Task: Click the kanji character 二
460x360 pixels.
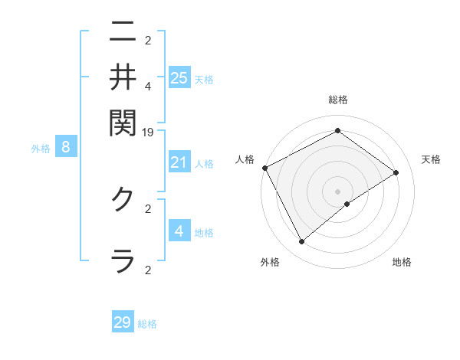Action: [x=123, y=32]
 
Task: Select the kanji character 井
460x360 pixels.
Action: [x=123, y=76]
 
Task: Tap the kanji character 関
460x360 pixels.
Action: [x=123, y=120]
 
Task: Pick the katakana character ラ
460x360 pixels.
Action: [x=123, y=260]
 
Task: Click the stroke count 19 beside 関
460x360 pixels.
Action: [x=148, y=133]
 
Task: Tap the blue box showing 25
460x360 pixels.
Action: [x=179, y=77]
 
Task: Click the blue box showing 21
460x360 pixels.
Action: [x=179, y=162]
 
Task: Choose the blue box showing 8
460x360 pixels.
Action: [x=66, y=148]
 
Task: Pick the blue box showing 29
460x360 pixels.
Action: [x=123, y=322]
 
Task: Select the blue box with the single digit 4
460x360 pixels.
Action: [x=179, y=231]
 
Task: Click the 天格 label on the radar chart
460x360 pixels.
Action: [x=431, y=159]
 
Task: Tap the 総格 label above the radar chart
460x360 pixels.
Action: [x=337, y=100]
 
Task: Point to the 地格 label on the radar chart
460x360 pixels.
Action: [x=402, y=262]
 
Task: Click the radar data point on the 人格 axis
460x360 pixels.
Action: [x=264, y=168]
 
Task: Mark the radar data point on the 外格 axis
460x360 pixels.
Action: [x=301, y=242]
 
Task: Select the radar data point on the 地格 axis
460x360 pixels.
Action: [x=347, y=204]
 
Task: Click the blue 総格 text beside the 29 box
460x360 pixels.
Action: [x=147, y=324]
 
